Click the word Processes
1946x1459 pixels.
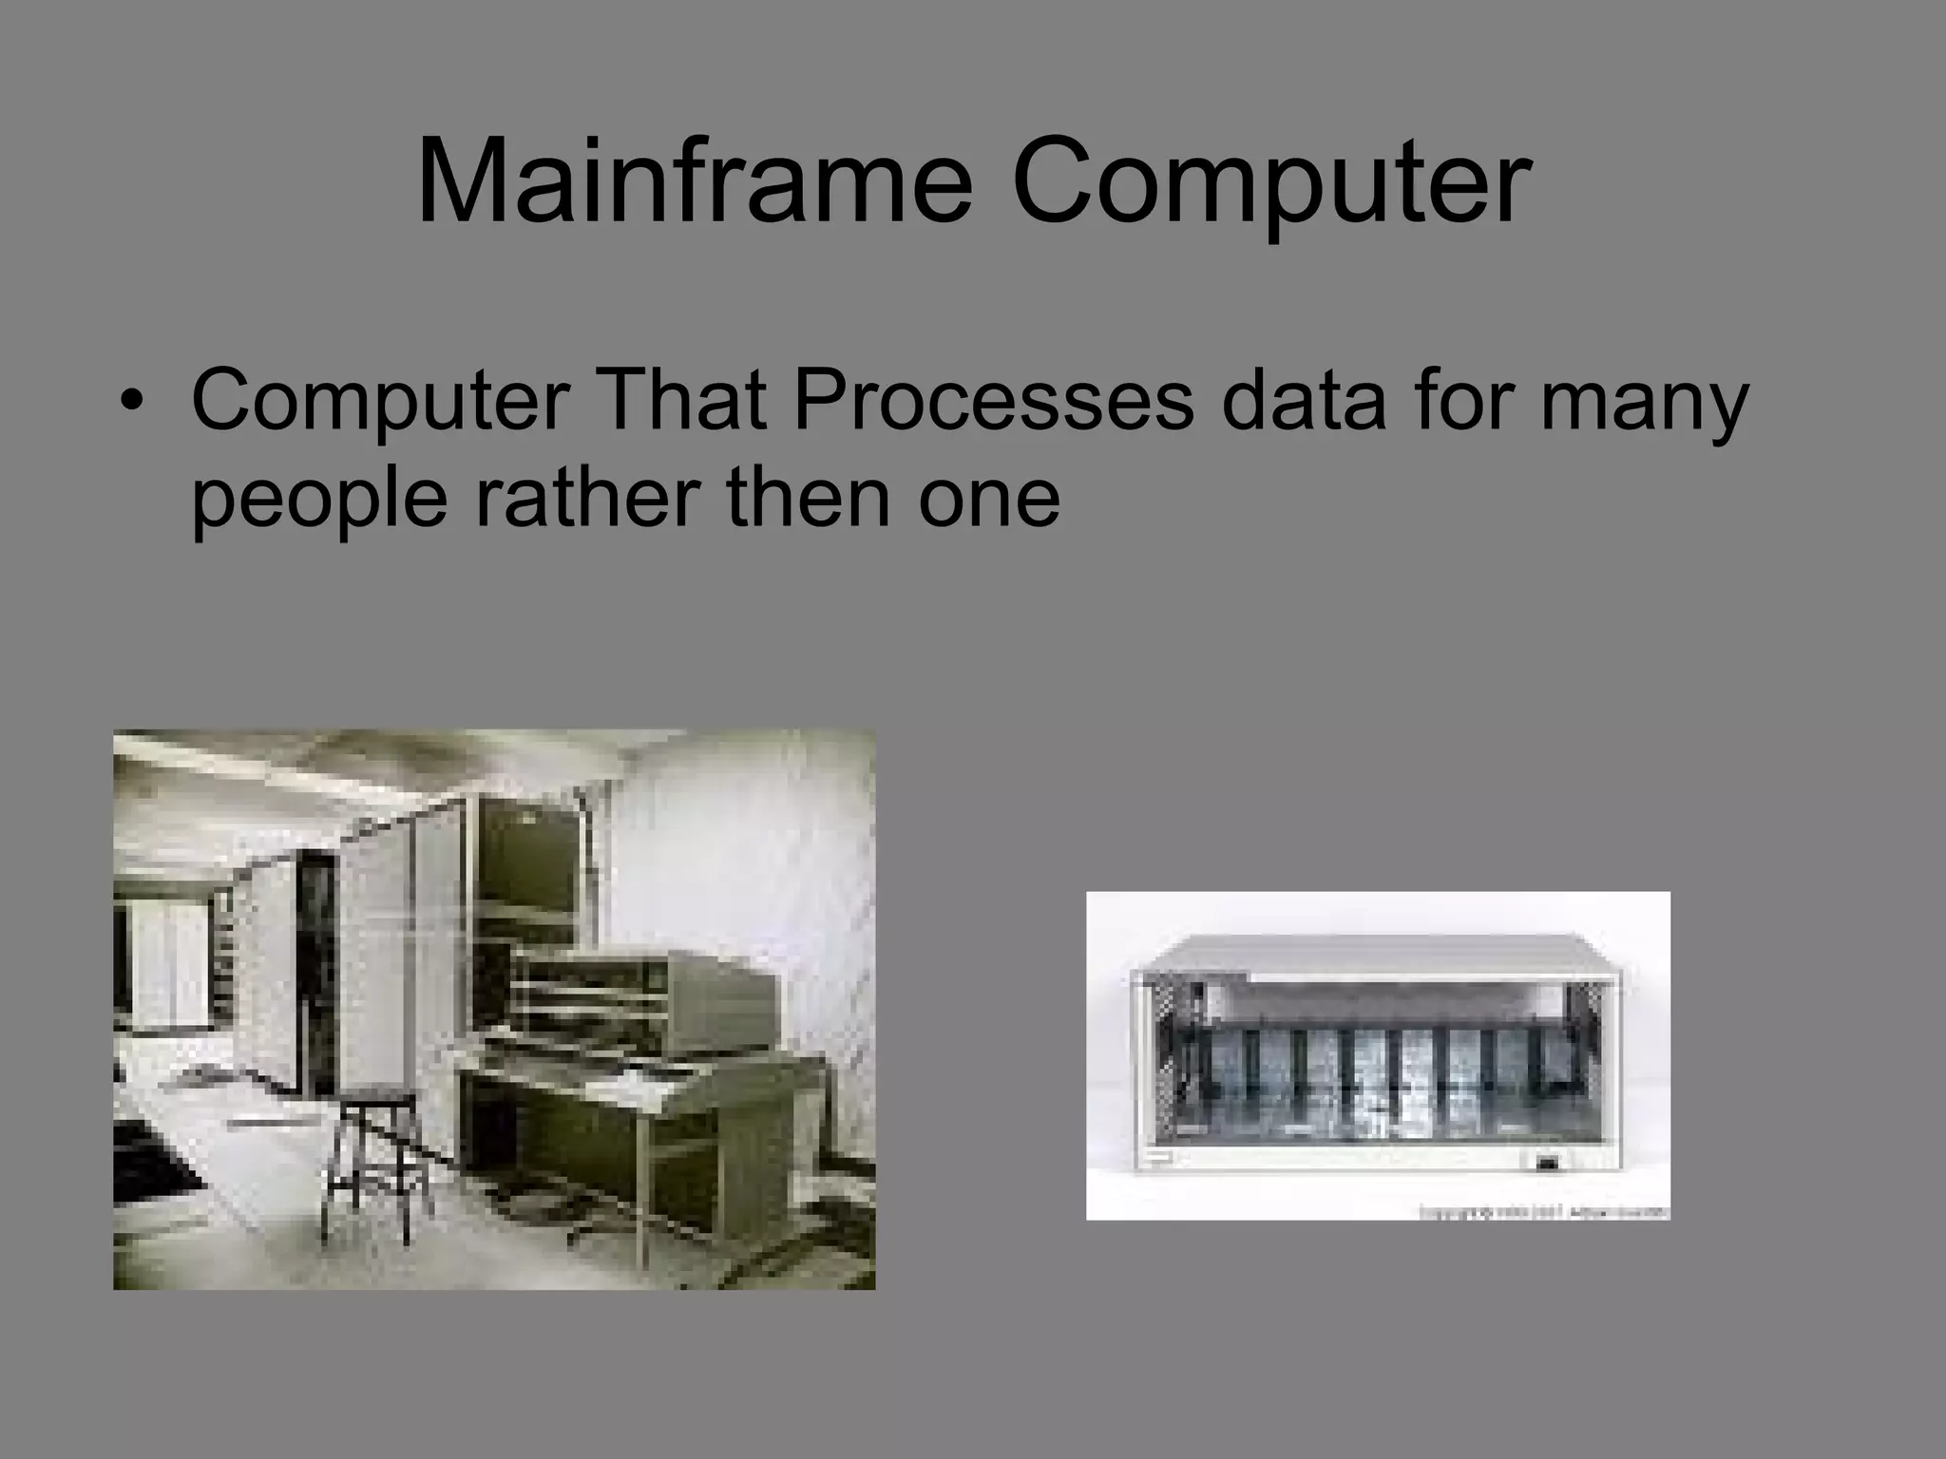(994, 399)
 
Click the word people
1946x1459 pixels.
(318, 501)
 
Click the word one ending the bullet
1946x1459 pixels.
(988, 501)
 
